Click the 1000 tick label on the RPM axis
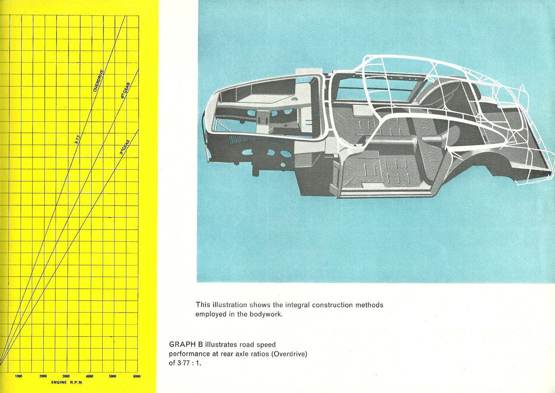click(19, 376)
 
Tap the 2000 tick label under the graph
click(43, 376)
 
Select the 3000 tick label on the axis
click(66, 376)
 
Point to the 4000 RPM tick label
click(90, 376)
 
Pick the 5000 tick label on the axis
click(113, 376)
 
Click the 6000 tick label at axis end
click(137, 376)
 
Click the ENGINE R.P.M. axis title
click(67, 383)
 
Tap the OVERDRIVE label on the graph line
click(99, 81)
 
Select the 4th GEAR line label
click(126, 91)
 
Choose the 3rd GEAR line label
click(125, 147)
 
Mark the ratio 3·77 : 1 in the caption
click(189, 363)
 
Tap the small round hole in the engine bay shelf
click(295, 99)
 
